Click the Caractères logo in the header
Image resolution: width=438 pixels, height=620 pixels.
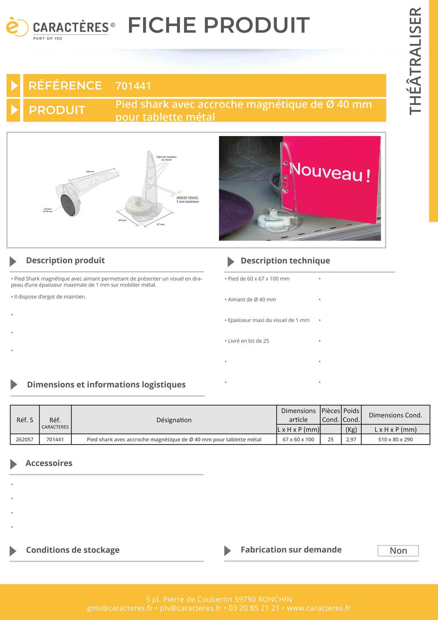click(60, 28)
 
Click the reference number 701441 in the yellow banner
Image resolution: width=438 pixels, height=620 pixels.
click(133, 86)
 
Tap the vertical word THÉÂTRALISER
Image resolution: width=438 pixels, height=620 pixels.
click(416, 61)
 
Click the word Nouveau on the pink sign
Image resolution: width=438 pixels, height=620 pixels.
click(326, 171)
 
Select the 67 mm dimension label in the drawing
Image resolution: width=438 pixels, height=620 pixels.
click(160, 224)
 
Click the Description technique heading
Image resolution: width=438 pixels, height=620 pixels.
click(285, 261)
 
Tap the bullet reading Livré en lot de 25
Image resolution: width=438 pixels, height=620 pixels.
click(248, 341)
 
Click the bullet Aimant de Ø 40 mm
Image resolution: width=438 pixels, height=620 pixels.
click(251, 300)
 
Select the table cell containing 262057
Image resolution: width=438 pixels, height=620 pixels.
click(25, 439)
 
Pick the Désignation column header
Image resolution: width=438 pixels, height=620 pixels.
click(174, 420)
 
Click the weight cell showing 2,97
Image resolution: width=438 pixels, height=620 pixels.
click(351, 439)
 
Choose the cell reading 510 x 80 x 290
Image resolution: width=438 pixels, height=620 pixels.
click(395, 439)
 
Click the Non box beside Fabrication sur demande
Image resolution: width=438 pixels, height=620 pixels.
click(398, 551)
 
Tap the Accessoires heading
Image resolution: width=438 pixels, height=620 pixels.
click(49, 463)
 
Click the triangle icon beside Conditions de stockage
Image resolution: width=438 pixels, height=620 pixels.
click(13, 551)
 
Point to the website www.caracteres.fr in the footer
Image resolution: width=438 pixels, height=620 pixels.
click(319, 608)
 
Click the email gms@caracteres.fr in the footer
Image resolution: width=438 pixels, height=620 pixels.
click(120, 608)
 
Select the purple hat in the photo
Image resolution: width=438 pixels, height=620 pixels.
click(235, 212)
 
